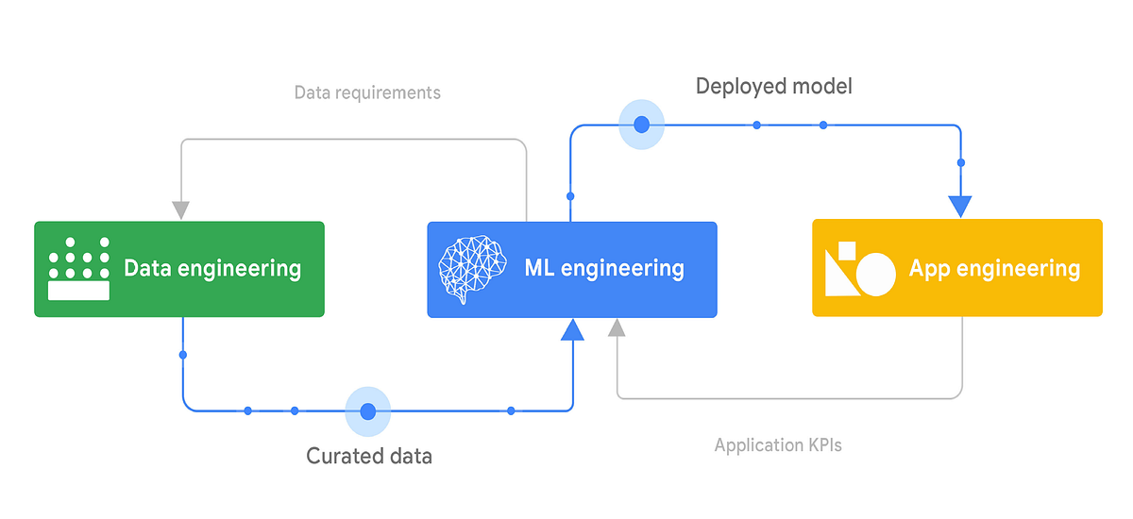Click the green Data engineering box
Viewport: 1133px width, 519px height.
(x=179, y=269)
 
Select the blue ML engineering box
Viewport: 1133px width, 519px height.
(x=571, y=269)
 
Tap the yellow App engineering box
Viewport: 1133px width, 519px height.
(x=956, y=269)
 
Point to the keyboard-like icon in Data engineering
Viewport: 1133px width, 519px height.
(x=78, y=269)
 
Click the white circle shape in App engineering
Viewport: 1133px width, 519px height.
(x=874, y=275)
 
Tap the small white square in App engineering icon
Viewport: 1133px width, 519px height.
(x=847, y=251)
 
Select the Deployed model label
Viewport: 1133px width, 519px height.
(x=773, y=87)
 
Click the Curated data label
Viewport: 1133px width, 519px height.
(x=368, y=457)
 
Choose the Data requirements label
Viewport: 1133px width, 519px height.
(x=367, y=92)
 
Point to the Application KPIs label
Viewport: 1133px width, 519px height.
(x=777, y=445)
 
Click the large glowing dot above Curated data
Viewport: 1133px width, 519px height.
(x=368, y=411)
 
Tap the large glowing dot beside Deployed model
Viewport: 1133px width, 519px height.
(x=641, y=125)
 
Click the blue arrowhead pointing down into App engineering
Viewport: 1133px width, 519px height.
(x=960, y=206)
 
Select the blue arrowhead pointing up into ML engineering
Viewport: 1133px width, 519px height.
(x=571, y=329)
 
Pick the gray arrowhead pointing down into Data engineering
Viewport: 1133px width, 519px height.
(x=181, y=209)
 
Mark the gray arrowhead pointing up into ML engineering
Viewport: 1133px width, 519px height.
(x=617, y=327)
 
